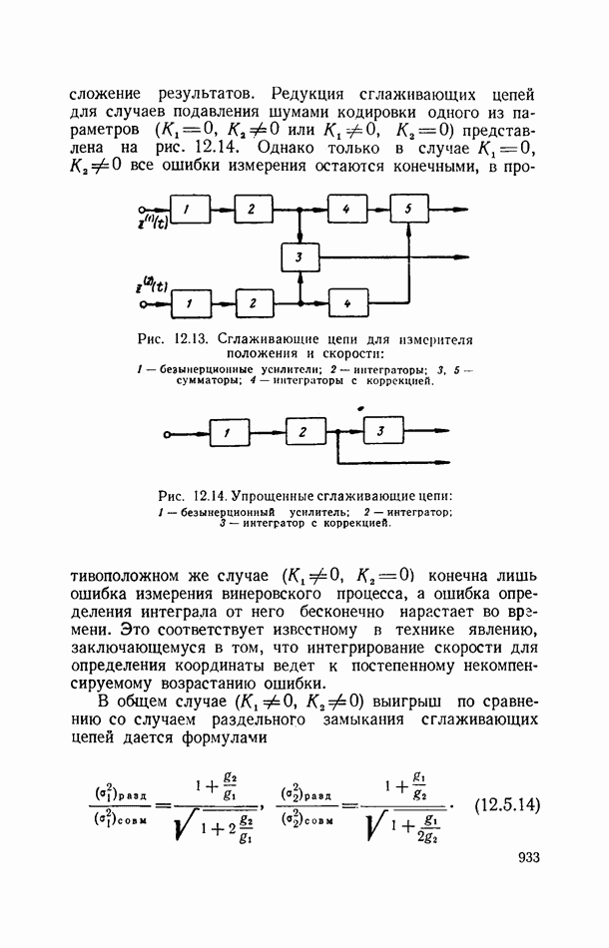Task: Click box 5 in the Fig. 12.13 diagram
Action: coord(409,210)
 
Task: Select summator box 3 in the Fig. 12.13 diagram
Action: coord(299,257)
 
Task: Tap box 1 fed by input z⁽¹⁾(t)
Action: coord(193,210)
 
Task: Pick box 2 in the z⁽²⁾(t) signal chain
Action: coord(254,301)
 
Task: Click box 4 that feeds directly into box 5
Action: coord(346,210)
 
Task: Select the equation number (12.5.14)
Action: coord(507,801)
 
